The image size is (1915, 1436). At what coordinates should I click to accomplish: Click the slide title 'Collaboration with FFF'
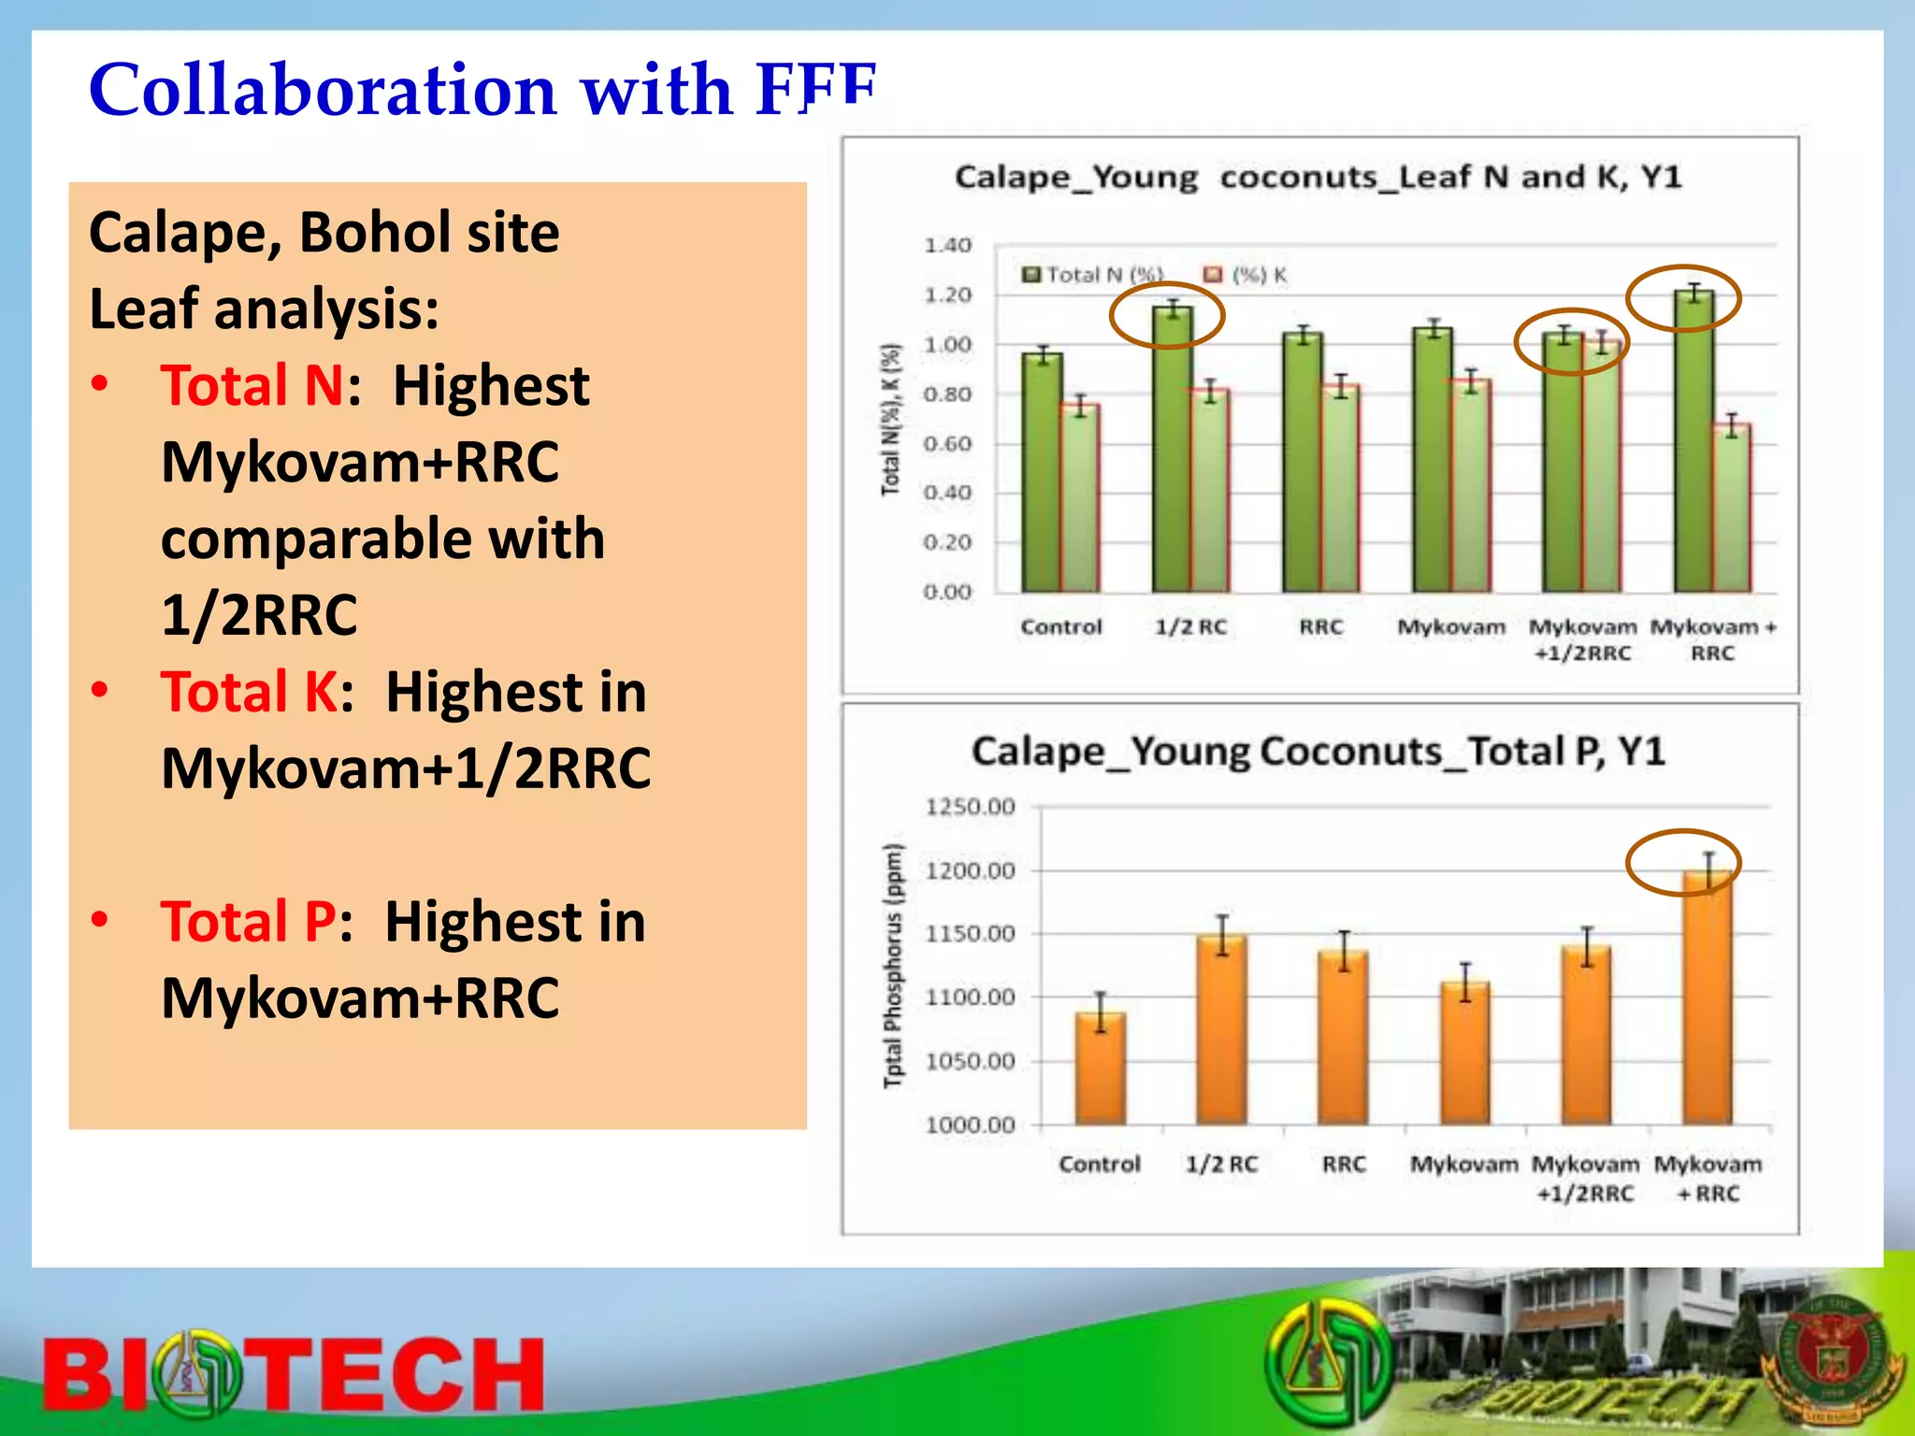point(482,90)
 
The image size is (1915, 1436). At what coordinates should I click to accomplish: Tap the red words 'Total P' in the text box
point(249,922)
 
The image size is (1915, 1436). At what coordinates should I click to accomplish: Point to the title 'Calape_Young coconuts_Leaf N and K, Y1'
point(1317,177)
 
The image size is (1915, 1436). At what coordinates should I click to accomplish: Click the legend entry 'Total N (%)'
point(1094,275)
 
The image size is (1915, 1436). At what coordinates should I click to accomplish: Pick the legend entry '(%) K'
point(1246,275)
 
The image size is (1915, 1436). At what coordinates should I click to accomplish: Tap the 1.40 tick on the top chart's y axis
point(947,246)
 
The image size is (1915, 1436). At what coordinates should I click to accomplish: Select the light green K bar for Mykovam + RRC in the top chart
point(1732,510)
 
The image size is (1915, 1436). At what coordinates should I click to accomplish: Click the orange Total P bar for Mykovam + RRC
point(1707,1000)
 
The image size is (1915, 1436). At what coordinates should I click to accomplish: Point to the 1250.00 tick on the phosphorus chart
point(970,807)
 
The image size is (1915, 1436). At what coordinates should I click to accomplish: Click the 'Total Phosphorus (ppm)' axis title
point(894,966)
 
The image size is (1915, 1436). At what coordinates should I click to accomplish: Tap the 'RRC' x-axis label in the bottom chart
point(1344,1165)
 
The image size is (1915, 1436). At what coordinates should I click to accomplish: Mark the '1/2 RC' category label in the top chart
point(1190,627)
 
